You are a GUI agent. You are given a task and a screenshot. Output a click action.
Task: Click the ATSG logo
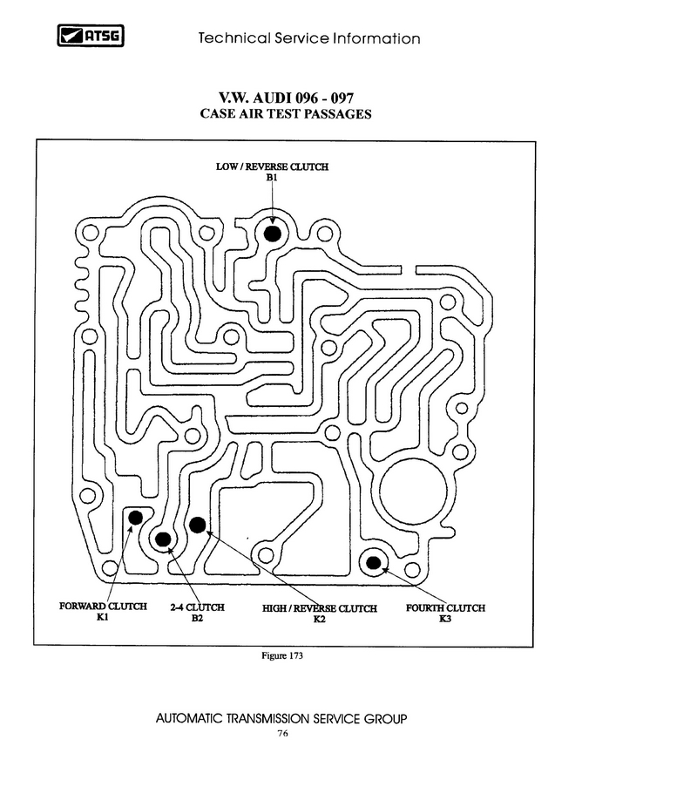point(91,36)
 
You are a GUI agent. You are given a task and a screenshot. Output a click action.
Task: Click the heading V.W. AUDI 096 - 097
point(286,98)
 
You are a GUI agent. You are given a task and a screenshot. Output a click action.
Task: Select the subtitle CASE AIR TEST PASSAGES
point(286,114)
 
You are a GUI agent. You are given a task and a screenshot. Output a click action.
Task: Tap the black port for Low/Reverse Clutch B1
point(273,234)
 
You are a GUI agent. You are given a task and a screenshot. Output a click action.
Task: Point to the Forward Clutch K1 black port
point(135,518)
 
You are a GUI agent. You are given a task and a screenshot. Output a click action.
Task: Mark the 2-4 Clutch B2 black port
point(163,539)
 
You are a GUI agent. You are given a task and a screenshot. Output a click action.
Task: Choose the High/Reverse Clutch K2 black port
point(198,525)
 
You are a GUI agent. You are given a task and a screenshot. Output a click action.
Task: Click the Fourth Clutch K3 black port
point(374,562)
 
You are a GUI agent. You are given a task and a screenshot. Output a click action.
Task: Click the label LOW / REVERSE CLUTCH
point(272,166)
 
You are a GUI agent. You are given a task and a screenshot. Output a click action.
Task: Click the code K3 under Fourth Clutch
point(445,619)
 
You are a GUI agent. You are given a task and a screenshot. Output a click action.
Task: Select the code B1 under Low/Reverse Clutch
point(272,178)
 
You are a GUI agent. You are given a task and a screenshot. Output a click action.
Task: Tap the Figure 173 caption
point(282,655)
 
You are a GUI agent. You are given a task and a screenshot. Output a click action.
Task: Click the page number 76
point(282,734)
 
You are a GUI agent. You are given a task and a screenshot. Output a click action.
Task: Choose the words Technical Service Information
point(309,38)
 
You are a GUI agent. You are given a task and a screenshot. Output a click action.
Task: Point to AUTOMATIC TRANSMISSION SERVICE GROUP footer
point(281,718)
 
